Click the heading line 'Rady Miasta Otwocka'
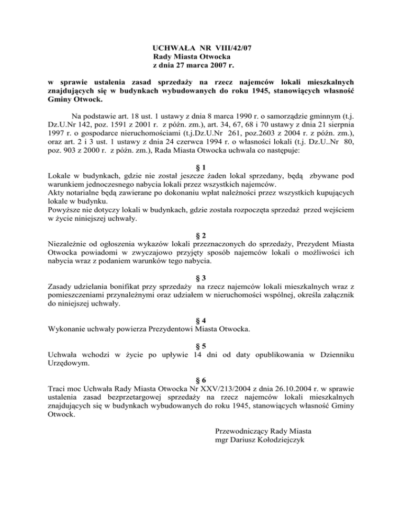[x=192, y=56]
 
